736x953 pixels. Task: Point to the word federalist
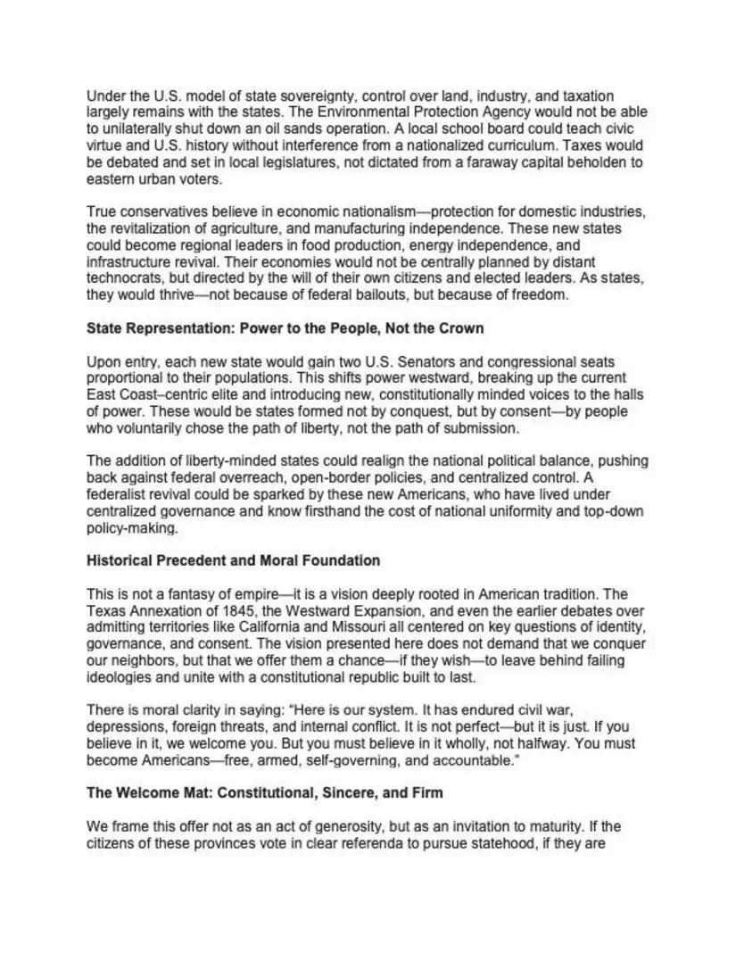tap(120, 494)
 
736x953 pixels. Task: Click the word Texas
tap(105, 610)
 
